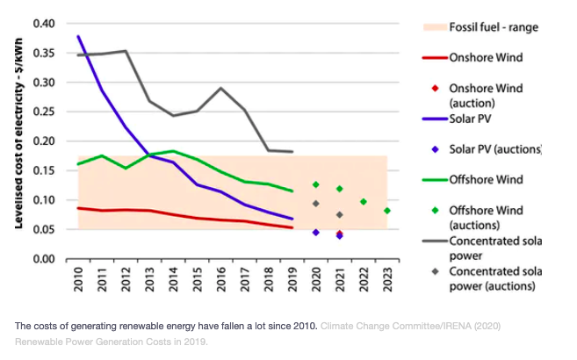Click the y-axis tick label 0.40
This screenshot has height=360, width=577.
[x=44, y=23]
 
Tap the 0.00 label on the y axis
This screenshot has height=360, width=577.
[x=44, y=258]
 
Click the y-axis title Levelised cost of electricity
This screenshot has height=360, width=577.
[x=18, y=140]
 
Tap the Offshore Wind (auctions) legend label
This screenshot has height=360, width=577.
[x=486, y=217]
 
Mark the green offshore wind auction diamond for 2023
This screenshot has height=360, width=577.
[x=386, y=211]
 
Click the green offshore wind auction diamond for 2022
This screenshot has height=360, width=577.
[x=363, y=202]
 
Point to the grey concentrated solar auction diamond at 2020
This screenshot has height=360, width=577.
[x=315, y=204]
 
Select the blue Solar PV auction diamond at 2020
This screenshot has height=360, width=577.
[x=315, y=233]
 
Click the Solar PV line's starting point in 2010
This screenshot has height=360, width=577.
[x=78, y=36]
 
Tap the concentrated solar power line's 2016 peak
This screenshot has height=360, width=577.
[x=220, y=88]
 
